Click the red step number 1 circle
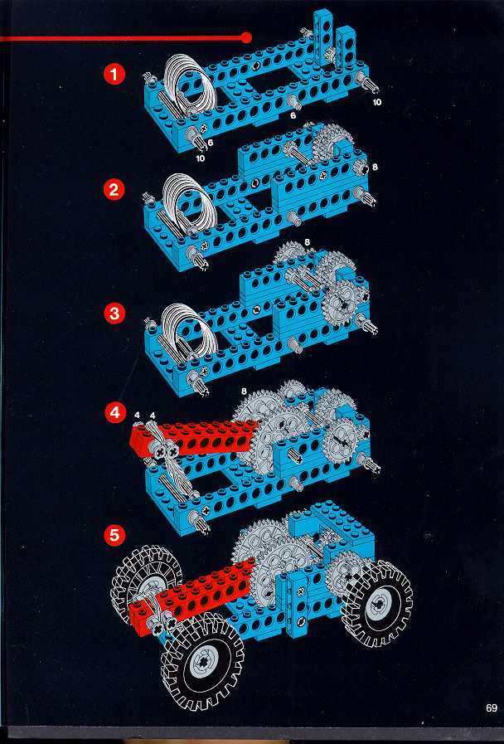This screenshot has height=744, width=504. coord(114,75)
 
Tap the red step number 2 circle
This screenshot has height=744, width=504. coord(114,190)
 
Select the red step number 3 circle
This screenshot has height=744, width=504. coord(114,314)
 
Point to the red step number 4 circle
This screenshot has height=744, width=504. coord(114,412)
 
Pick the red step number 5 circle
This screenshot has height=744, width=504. coord(114,535)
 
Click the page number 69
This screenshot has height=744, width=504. coord(492,708)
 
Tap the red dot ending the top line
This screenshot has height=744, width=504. coord(245,37)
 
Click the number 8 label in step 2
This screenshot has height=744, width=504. coord(375,167)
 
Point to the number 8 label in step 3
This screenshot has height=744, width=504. coord(308,242)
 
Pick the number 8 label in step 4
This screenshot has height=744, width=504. coord(244,391)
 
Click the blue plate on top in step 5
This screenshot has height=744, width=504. coord(332,523)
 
